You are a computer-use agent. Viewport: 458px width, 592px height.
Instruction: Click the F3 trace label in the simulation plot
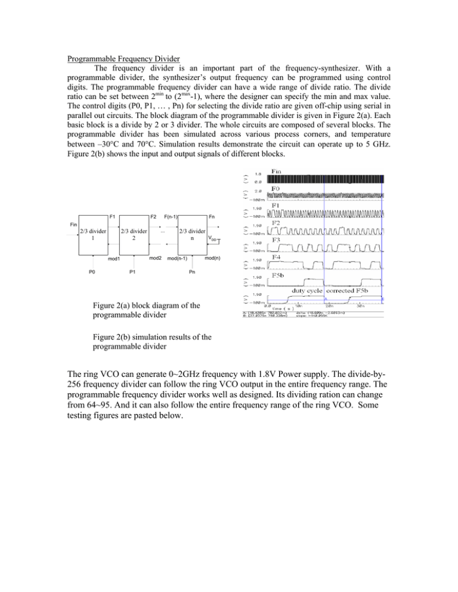(277, 240)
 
